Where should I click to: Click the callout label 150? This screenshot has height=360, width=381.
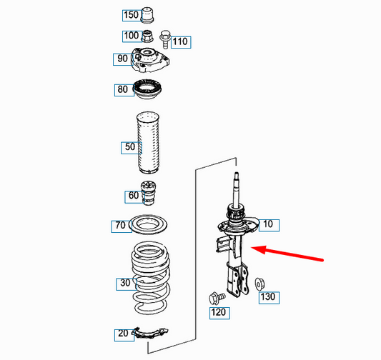(131, 15)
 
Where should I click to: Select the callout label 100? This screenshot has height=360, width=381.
(131, 36)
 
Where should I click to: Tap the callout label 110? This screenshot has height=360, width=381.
(179, 41)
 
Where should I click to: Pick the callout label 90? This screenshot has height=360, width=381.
(122, 59)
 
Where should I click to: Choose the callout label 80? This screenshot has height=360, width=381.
(124, 91)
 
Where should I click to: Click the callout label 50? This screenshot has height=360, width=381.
(129, 148)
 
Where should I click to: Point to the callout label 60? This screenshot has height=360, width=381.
(133, 196)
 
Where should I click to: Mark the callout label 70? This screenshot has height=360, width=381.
(122, 226)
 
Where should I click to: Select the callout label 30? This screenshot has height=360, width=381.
(125, 284)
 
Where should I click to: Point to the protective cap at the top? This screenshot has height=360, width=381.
(149, 14)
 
